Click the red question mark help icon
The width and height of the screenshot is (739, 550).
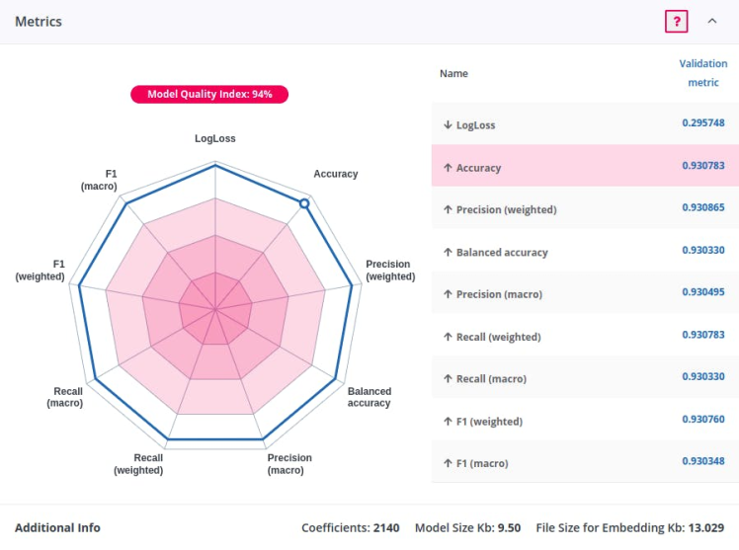(676, 21)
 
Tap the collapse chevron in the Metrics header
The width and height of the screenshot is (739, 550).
(712, 21)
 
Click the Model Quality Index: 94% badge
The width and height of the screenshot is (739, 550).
(209, 95)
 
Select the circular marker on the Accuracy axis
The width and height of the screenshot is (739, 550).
(304, 203)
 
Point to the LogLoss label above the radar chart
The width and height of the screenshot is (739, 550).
(214, 139)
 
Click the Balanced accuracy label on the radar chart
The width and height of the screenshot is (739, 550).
(369, 397)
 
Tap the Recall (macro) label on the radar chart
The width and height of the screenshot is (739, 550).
(68, 397)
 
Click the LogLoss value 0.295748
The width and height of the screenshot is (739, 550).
(702, 123)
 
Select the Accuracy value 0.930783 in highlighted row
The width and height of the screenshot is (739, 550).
(702, 166)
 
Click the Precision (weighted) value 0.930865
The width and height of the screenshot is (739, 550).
(702, 208)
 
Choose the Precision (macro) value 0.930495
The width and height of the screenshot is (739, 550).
(702, 292)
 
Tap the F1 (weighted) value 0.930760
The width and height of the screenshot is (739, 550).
(702, 420)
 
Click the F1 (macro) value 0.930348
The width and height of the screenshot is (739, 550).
(702, 461)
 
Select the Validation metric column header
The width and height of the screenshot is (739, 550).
(702, 73)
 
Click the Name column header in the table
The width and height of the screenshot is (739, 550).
(453, 74)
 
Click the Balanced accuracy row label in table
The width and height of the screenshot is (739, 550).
(501, 253)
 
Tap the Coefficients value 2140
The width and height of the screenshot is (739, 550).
(386, 528)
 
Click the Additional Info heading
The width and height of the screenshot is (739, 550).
(57, 528)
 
